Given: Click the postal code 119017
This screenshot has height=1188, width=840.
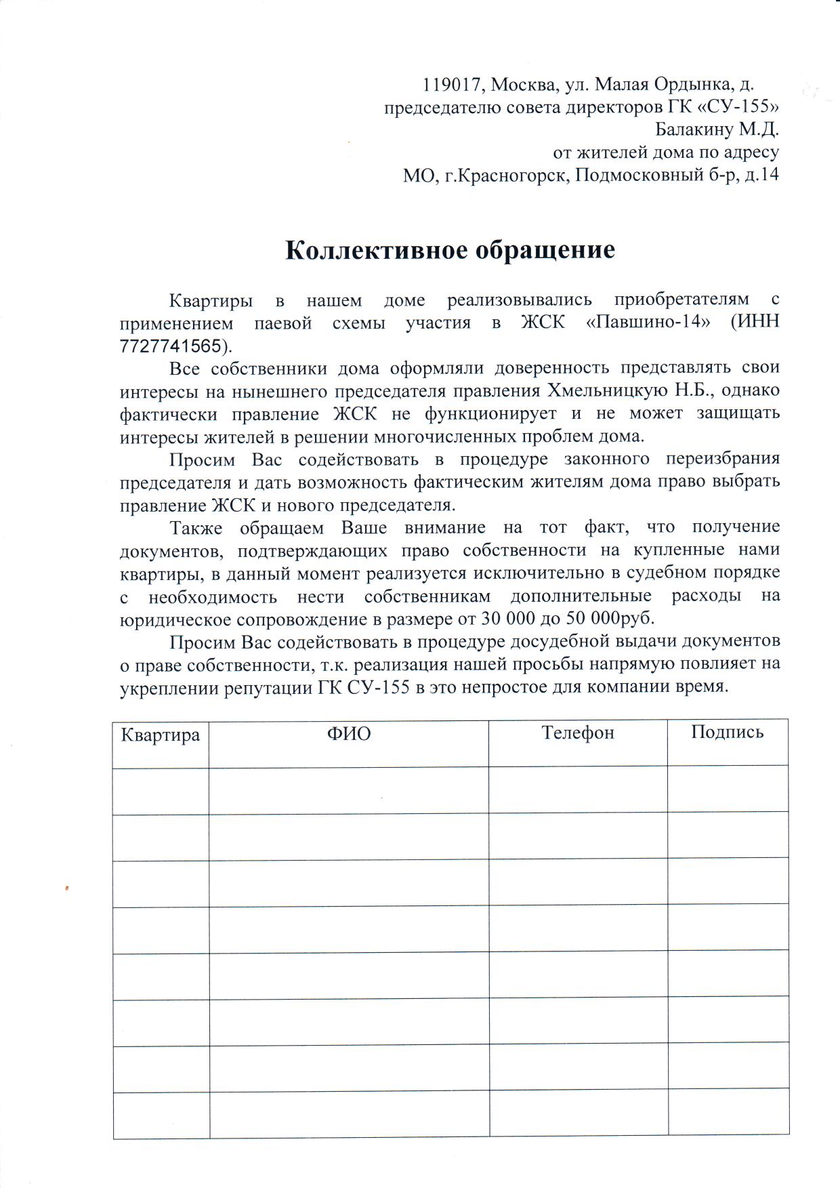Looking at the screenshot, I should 452,85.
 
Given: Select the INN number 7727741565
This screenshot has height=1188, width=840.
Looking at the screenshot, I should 170,346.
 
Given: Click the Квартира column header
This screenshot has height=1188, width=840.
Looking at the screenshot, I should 161,735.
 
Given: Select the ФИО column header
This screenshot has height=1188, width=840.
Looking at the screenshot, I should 349,734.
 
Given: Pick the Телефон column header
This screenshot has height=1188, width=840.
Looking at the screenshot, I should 578,733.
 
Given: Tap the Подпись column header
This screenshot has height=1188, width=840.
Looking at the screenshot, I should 727,732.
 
